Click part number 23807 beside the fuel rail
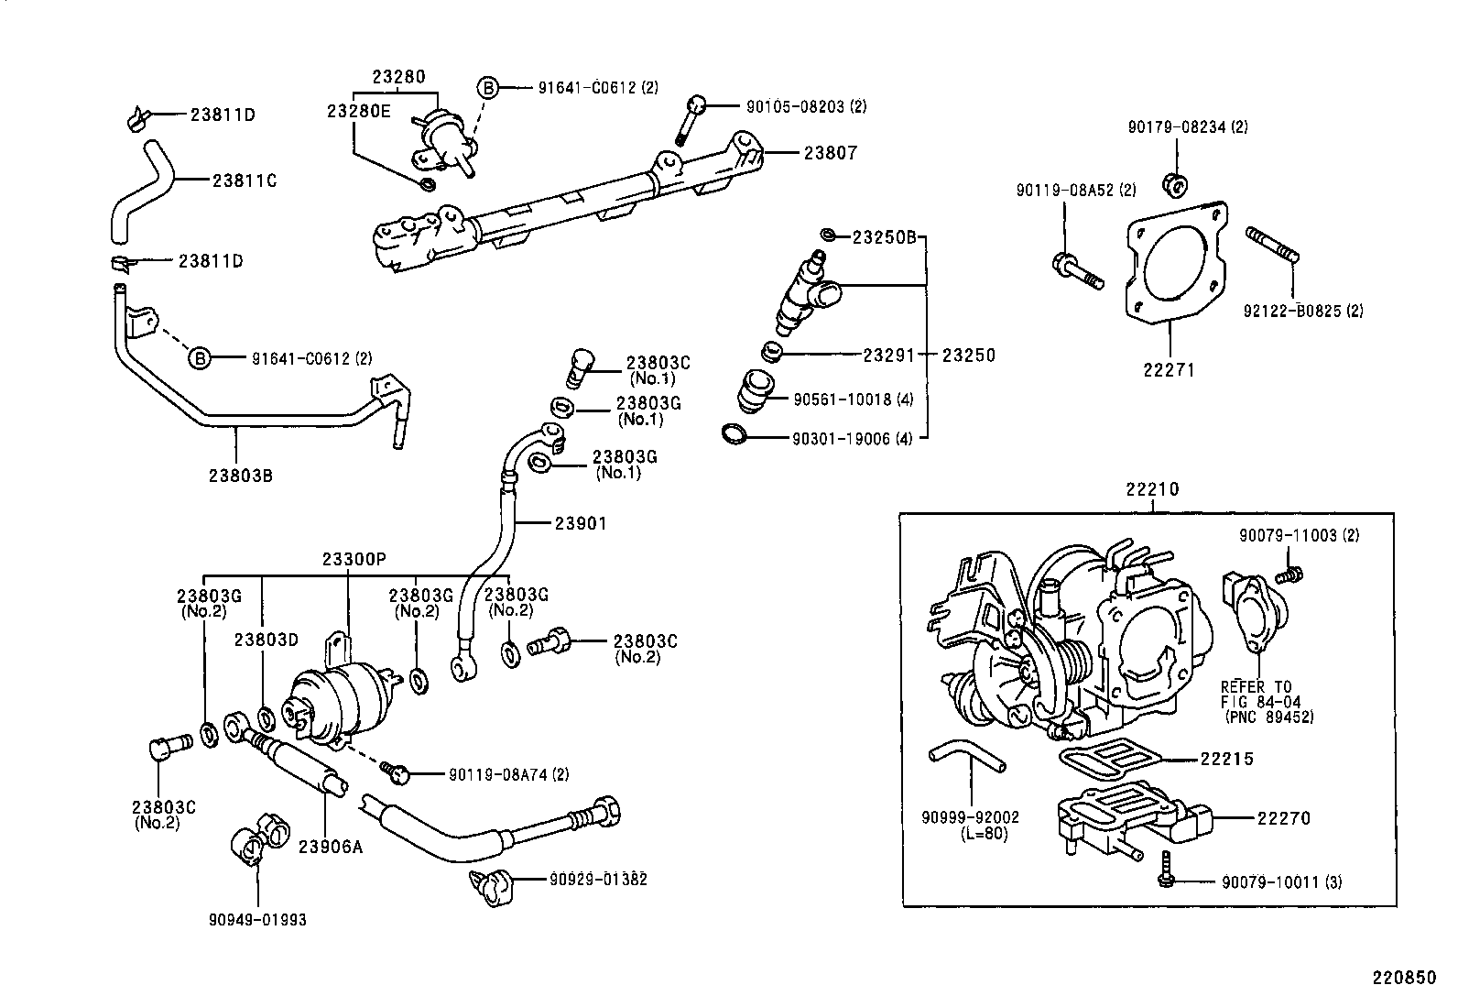click(x=830, y=153)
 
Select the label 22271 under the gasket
click(x=1169, y=371)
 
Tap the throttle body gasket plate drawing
click(x=1172, y=266)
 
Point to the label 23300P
click(x=354, y=559)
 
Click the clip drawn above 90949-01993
click(x=259, y=835)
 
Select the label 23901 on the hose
click(x=581, y=523)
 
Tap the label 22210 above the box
click(x=1152, y=490)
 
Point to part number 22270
click(x=1283, y=818)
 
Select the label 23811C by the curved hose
click(x=245, y=181)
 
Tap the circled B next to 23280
click(x=489, y=88)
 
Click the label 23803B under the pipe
click(x=240, y=475)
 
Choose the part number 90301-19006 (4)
click(x=853, y=439)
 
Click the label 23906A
click(x=330, y=846)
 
